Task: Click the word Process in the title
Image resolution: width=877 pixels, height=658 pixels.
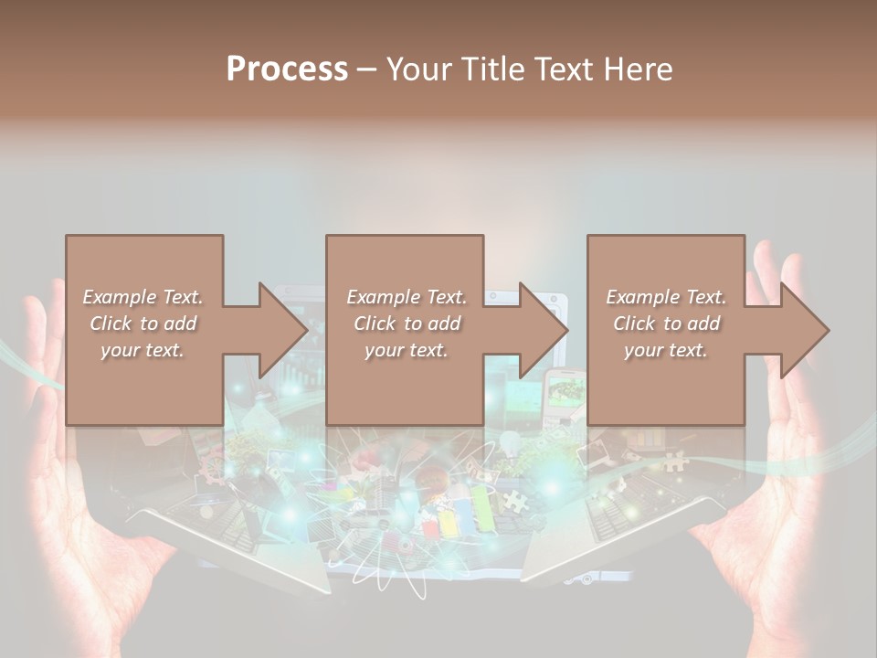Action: click(x=287, y=69)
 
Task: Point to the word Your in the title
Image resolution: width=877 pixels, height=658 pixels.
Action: click(x=417, y=69)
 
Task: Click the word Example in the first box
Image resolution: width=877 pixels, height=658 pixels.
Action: click(x=118, y=297)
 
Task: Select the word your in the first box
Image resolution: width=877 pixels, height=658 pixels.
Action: click(x=119, y=350)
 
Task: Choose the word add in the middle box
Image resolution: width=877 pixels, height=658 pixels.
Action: click(x=442, y=324)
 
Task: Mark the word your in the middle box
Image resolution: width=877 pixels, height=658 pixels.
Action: click(x=383, y=350)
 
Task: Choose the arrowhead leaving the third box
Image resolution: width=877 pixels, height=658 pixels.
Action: click(x=804, y=330)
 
